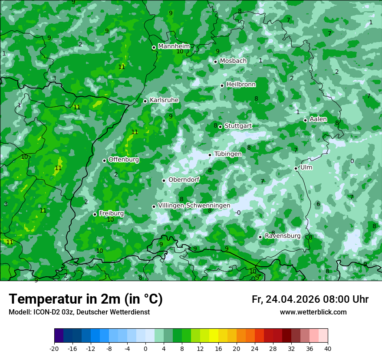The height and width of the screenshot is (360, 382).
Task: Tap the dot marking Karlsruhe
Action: (x=145, y=101)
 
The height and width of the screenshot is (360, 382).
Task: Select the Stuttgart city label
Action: (x=238, y=126)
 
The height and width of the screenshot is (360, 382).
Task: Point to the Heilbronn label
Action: (x=241, y=85)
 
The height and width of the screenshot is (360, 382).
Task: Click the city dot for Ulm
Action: (x=296, y=168)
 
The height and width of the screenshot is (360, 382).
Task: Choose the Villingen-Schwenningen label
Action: (x=194, y=206)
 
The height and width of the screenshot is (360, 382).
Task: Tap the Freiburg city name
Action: (x=112, y=213)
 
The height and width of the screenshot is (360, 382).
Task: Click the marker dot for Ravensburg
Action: (x=260, y=237)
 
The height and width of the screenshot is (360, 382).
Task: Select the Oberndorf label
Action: (x=184, y=180)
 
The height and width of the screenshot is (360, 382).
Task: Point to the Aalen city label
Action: (x=318, y=119)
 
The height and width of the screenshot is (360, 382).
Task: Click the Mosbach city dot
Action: (x=215, y=62)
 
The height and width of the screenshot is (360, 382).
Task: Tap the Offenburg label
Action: (x=124, y=160)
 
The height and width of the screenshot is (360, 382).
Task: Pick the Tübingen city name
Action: (x=228, y=154)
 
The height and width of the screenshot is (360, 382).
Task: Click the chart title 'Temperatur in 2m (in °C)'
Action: (x=86, y=299)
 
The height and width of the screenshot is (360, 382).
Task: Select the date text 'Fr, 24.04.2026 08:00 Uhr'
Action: (x=310, y=299)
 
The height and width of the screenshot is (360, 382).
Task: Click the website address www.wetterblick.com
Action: (x=313, y=312)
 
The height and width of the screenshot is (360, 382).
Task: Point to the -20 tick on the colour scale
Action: (x=54, y=348)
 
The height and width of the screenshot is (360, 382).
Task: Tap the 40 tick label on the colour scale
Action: (x=328, y=348)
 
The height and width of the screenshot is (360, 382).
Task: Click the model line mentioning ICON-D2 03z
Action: (x=79, y=312)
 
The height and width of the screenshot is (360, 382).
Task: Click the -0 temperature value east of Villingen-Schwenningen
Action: (x=237, y=213)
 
